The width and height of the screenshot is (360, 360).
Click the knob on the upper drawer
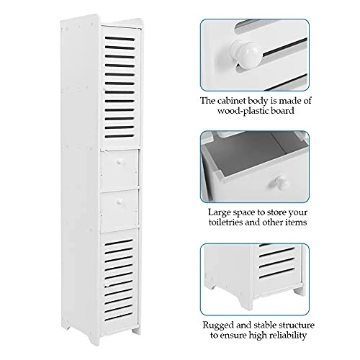tap(119, 163)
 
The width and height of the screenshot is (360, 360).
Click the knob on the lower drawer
tap(119, 203)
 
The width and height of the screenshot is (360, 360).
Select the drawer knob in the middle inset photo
tap(282, 183)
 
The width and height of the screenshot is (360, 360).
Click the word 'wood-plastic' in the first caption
tap(243, 111)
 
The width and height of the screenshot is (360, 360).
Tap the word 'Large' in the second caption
tap(219, 212)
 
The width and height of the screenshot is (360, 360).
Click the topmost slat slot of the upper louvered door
tap(120, 39)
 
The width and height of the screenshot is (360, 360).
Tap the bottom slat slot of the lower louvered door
tap(119, 317)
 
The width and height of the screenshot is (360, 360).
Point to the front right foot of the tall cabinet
tap(136, 330)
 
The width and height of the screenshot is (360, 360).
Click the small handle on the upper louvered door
tap(104, 89)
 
